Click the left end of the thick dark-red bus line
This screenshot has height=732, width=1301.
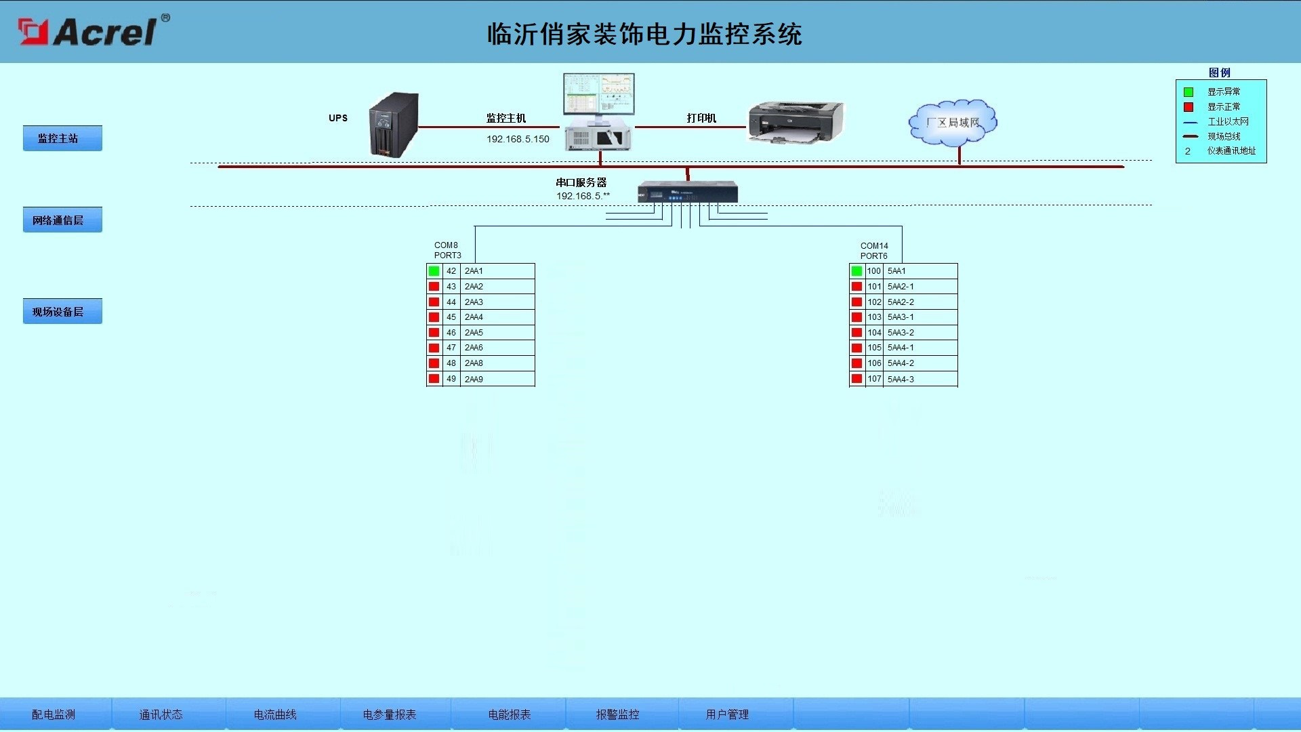pyautogui.click(x=218, y=166)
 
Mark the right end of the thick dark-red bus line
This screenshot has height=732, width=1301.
pyautogui.click(x=1124, y=166)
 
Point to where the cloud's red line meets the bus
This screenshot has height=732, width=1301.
pyautogui.click(x=959, y=165)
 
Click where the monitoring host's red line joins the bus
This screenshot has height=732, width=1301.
pyautogui.click(x=600, y=165)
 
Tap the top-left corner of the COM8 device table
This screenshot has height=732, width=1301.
pyautogui.click(x=426, y=264)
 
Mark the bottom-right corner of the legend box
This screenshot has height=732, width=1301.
pyautogui.click(x=1266, y=163)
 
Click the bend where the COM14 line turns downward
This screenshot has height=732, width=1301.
pyautogui.click(x=902, y=226)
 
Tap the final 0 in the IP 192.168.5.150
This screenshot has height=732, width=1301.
pyautogui.click(x=546, y=139)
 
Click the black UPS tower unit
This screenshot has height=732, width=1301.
pyautogui.click(x=394, y=125)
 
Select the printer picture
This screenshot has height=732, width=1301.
pyautogui.click(x=796, y=123)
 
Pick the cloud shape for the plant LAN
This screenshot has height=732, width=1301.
pyautogui.click(x=953, y=123)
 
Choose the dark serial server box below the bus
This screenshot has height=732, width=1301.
pyautogui.click(x=688, y=192)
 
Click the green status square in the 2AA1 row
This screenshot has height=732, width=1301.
pyautogui.click(x=434, y=271)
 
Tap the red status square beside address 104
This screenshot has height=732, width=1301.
pyautogui.click(x=857, y=333)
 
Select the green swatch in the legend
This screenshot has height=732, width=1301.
pyautogui.click(x=1189, y=92)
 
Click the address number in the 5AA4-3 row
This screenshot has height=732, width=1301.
pyautogui.click(x=874, y=379)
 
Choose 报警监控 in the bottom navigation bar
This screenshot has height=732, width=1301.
pyautogui.click(x=617, y=714)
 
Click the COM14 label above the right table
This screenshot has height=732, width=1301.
pyautogui.click(x=874, y=245)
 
